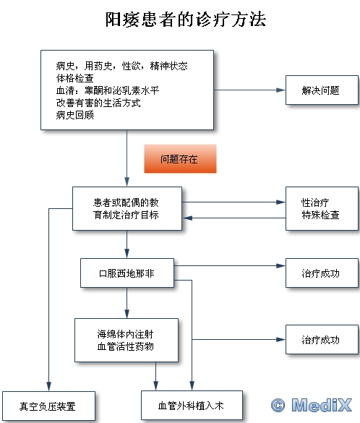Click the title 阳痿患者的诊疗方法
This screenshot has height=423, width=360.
click(186, 20)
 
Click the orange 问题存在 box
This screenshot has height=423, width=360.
click(180, 158)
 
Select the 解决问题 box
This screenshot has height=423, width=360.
click(322, 90)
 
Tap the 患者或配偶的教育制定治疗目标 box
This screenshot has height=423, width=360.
click(127, 208)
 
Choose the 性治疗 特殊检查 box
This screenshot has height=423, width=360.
click(322, 208)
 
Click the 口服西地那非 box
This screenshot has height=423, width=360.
click(127, 273)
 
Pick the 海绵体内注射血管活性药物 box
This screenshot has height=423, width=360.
click(127, 340)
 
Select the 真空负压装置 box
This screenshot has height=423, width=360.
click(48, 406)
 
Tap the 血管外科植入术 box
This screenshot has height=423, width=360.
click(192, 406)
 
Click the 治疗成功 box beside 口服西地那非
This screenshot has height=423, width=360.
click(322, 273)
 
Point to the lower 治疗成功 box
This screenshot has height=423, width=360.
click(322, 340)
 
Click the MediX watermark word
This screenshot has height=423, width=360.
click(322, 405)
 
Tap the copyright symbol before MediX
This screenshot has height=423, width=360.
click(278, 405)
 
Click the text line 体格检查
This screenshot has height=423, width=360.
click(75, 78)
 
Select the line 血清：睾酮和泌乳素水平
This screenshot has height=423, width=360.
click(108, 90)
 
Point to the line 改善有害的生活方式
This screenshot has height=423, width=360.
click(98, 103)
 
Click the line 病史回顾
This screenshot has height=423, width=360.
click(75, 115)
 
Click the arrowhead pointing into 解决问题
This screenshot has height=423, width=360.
click(281, 90)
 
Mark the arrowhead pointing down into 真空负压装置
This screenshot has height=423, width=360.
click(49, 386)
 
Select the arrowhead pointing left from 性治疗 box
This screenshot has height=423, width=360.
click(187, 218)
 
